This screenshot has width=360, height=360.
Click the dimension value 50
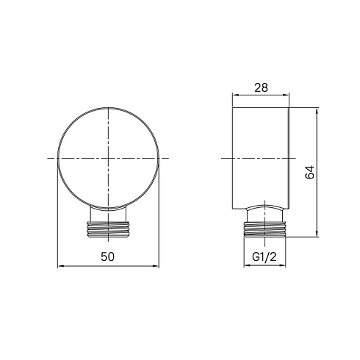(x=107, y=256)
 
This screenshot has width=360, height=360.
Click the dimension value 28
(x=261, y=87)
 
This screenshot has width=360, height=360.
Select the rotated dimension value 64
(x=309, y=172)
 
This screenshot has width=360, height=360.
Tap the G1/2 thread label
(x=264, y=257)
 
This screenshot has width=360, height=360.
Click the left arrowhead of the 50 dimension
(x=60, y=266)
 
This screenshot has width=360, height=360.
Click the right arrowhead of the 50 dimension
(x=156, y=266)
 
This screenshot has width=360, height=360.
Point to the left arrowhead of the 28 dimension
(x=235, y=96)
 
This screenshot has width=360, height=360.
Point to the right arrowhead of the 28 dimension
(x=286, y=96)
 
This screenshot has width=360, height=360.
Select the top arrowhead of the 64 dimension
(x=317, y=111)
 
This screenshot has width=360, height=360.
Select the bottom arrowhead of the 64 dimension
(x=317, y=234)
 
